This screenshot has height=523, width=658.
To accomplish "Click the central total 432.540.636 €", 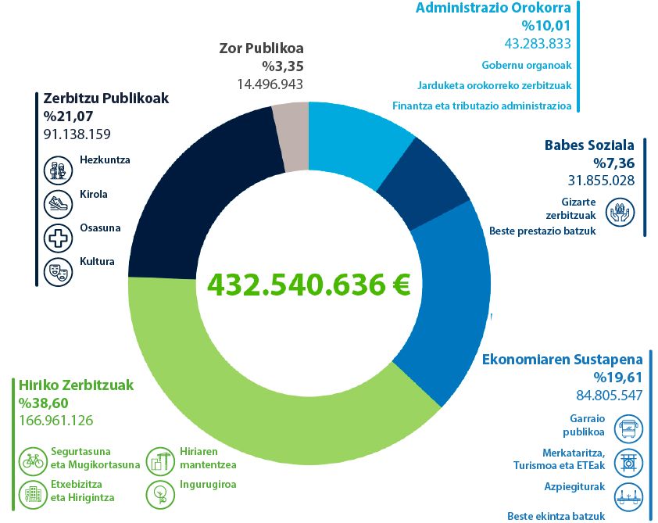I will pyautogui.click(x=309, y=285).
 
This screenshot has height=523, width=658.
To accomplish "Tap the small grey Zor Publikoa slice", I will pyautogui.click(x=291, y=137).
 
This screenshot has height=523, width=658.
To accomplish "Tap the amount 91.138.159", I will pyautogui.click(x=77, y=134).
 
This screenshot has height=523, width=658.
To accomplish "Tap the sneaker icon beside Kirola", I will pyautogui.click(x=56, y=203).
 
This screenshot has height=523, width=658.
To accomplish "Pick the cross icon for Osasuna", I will pyautogui.click(x=56, y=237).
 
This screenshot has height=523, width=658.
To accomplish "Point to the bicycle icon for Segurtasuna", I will pyautogui.click(x=32, y=460).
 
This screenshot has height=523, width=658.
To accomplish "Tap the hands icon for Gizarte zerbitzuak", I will pyautogui.click(x=620, y=211).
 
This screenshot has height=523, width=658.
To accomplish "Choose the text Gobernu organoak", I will pyautogui.click(x=527, y=65).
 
